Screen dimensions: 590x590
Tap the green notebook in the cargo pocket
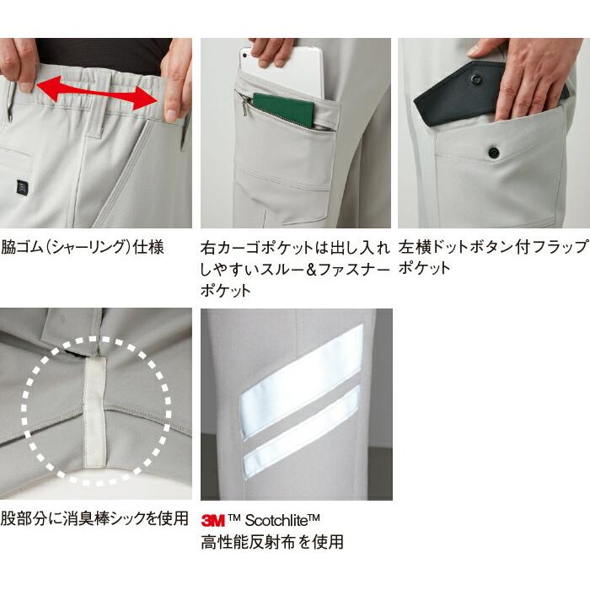point(283,110)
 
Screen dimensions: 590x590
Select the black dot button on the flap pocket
point(493,152)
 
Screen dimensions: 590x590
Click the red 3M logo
point(213,520)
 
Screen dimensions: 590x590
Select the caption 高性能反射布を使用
point(271,542)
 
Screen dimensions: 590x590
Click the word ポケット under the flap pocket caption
point(425,269)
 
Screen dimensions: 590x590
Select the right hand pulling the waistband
point(174,80)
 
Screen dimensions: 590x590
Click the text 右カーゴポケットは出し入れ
point(295,249)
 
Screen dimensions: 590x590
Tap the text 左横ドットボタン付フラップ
point(492,249)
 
